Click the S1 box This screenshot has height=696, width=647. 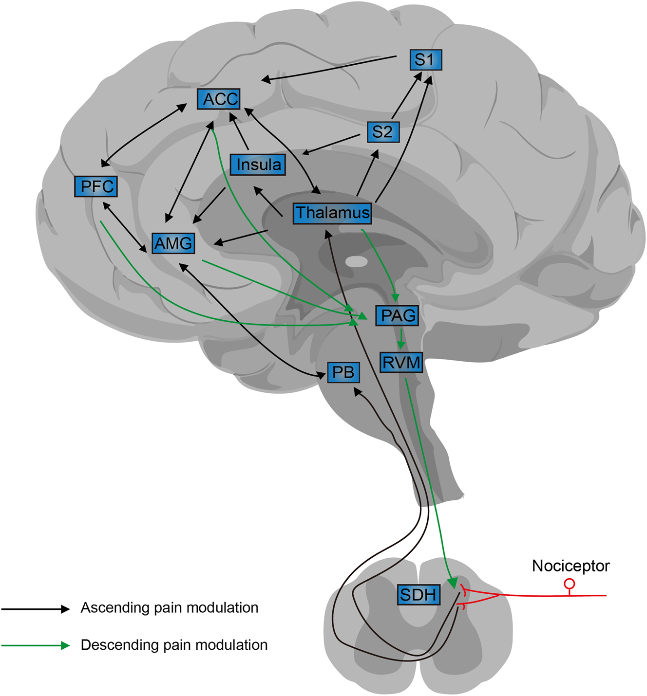(x=425, y=60)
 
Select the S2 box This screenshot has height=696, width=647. (x=382, y=132)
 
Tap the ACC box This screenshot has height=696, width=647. (x=219, y=99)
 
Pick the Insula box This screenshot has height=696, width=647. (x=258, y=165)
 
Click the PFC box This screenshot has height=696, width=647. (x=96, y=186)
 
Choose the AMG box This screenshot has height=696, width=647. (x=173, y=243)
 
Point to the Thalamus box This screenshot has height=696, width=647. (x=332, y=213)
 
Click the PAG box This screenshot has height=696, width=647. (x=398, y=315)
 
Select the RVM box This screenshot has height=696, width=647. (x=401, y=363)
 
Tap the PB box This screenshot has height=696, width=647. (x=343, y=372)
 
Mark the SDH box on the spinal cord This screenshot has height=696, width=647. (x=418, y=594)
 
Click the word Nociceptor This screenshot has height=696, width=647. (x=571, y=566)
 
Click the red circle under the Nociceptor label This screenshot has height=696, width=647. (x=569, y=584)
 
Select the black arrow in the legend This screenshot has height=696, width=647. (x=37, y=609)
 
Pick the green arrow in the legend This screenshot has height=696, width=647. (x=37, y=646)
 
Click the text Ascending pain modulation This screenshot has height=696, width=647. (x=169, y=608)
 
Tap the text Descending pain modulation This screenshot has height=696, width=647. (x=174, y=645)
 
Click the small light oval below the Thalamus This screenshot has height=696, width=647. (x=357, y=262)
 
